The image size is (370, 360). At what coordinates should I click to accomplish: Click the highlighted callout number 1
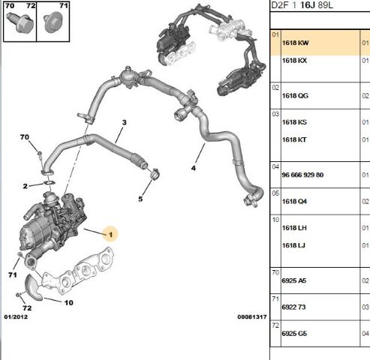[x=111, y=235]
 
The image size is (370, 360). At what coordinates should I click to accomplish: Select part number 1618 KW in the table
[x=296, y=43]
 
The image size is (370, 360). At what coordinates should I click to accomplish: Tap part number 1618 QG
[x=295, y=96]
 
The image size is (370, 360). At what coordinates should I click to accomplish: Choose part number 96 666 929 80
[x=302, y=175]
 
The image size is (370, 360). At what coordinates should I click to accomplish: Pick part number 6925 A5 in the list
[x=294, y=280]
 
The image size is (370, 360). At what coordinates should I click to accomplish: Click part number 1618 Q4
[x=294, y=201]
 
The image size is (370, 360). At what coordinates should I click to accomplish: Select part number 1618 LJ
[x=293, y=245]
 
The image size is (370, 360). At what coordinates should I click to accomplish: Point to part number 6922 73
[x=293, y=307]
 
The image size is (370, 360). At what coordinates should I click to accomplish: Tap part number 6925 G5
[x=294, y=334]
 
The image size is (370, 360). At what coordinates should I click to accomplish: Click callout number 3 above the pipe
[x=125, y=122]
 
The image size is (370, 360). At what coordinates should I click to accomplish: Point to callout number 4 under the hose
[x=194, y=168]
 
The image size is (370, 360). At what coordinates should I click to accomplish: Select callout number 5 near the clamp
[x=140, y=199]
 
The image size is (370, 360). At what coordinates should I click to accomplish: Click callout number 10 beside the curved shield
[x=69, y=303]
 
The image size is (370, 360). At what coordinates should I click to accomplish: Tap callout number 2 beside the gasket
[x=25, y=186]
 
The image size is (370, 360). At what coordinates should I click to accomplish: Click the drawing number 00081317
[x=252, y=317]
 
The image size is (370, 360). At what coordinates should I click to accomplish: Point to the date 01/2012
[x=16, y=317]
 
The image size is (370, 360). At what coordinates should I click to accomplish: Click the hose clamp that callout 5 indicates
[x=155, y=174]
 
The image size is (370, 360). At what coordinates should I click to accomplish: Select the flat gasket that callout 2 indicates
[x=50, y=183]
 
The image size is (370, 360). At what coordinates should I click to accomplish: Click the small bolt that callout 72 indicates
[x=19, y=295]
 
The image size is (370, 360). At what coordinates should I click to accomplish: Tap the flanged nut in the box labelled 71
[x=52, y=23]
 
